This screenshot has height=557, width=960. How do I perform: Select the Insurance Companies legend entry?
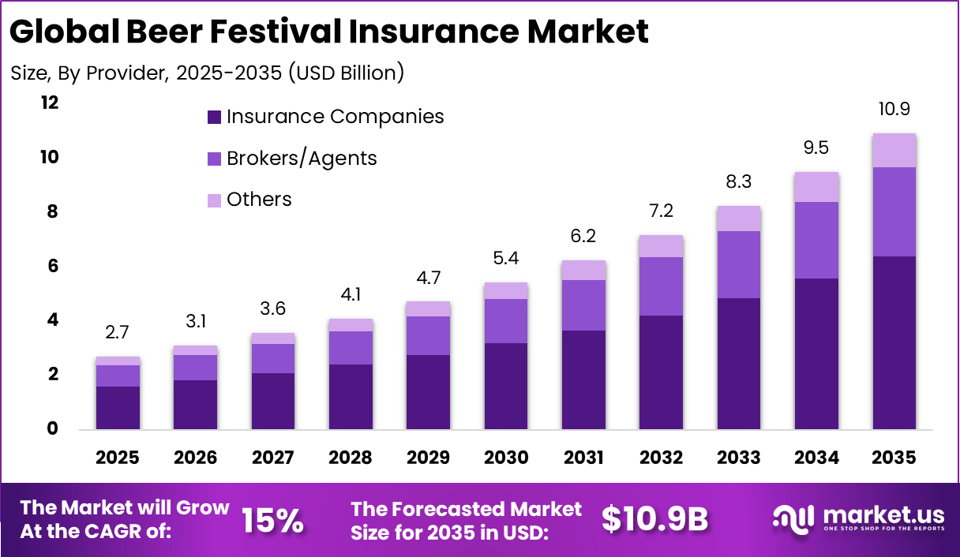pos(325,117)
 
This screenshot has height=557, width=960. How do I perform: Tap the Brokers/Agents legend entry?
pos(292,159)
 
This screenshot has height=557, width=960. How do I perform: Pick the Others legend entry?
pos(249,200)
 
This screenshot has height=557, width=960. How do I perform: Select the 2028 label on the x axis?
pos(351,458)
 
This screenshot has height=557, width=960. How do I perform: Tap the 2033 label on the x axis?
pos(739,458)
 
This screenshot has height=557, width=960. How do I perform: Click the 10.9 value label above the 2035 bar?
pos(894,109)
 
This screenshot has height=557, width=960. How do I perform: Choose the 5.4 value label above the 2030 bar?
pos(506,258)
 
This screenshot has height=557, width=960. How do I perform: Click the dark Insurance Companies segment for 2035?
pos(894,342)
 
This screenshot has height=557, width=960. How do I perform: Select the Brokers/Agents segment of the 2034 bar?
pos(816,240)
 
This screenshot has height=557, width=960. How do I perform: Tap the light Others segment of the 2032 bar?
pos(661,246)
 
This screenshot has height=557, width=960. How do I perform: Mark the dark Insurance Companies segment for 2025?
pos(118,407)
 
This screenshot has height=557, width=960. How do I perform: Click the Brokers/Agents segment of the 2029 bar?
pos(428,335)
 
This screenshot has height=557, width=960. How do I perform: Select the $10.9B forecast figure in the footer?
pos(654,519)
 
